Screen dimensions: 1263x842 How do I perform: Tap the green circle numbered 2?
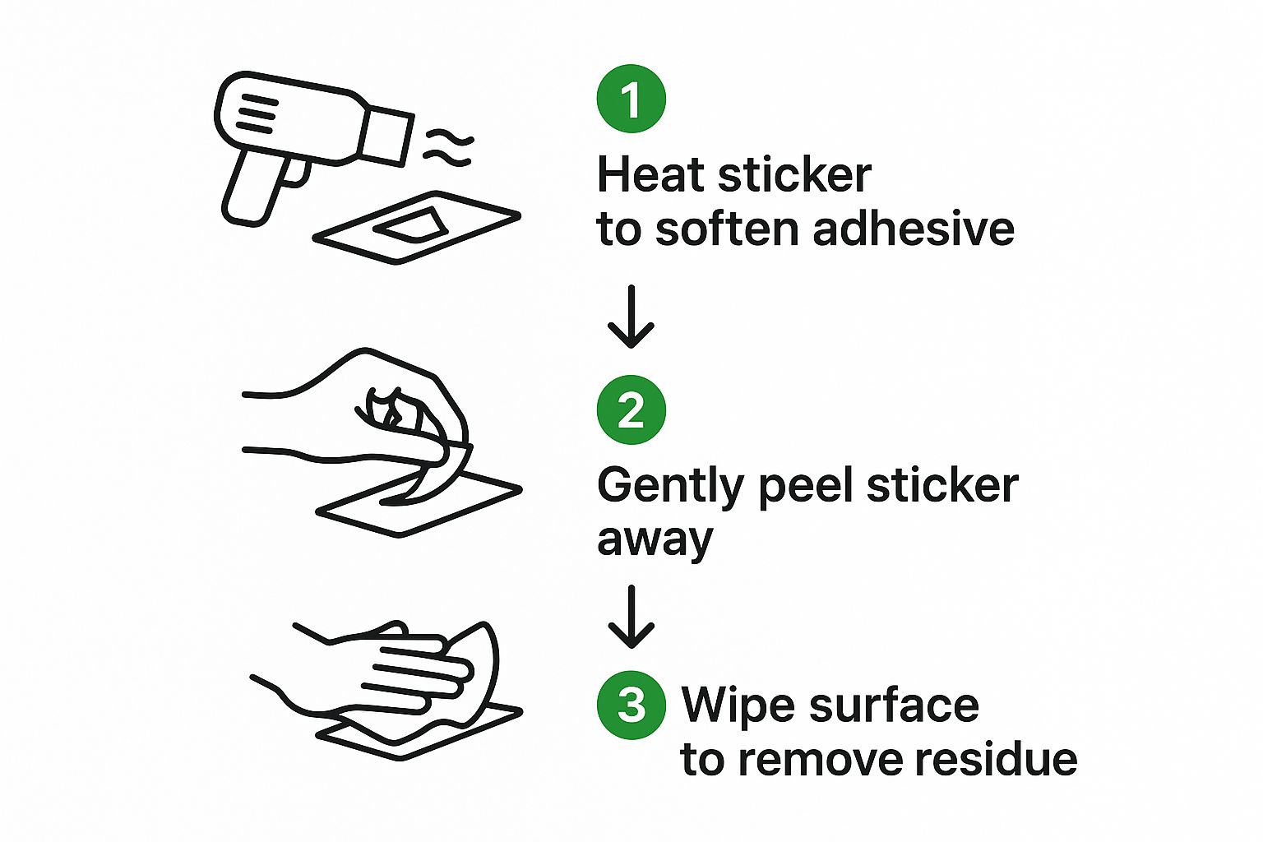point(631,409)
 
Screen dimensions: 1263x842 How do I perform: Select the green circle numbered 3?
point(631,705)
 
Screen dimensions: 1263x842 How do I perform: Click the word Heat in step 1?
point(652,174)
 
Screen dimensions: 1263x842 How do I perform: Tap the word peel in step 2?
point(806,488)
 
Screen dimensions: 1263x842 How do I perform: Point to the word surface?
point(895,705)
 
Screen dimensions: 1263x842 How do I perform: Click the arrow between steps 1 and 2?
point(631,317)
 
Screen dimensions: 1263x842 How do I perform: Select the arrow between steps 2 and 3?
point(631,617)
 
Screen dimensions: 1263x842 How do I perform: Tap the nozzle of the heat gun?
point(386,136)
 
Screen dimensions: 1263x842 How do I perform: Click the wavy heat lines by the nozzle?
point(448,148)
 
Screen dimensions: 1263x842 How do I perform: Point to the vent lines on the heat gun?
point(257,113)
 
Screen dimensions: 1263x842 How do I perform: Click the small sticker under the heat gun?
point(411,225)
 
